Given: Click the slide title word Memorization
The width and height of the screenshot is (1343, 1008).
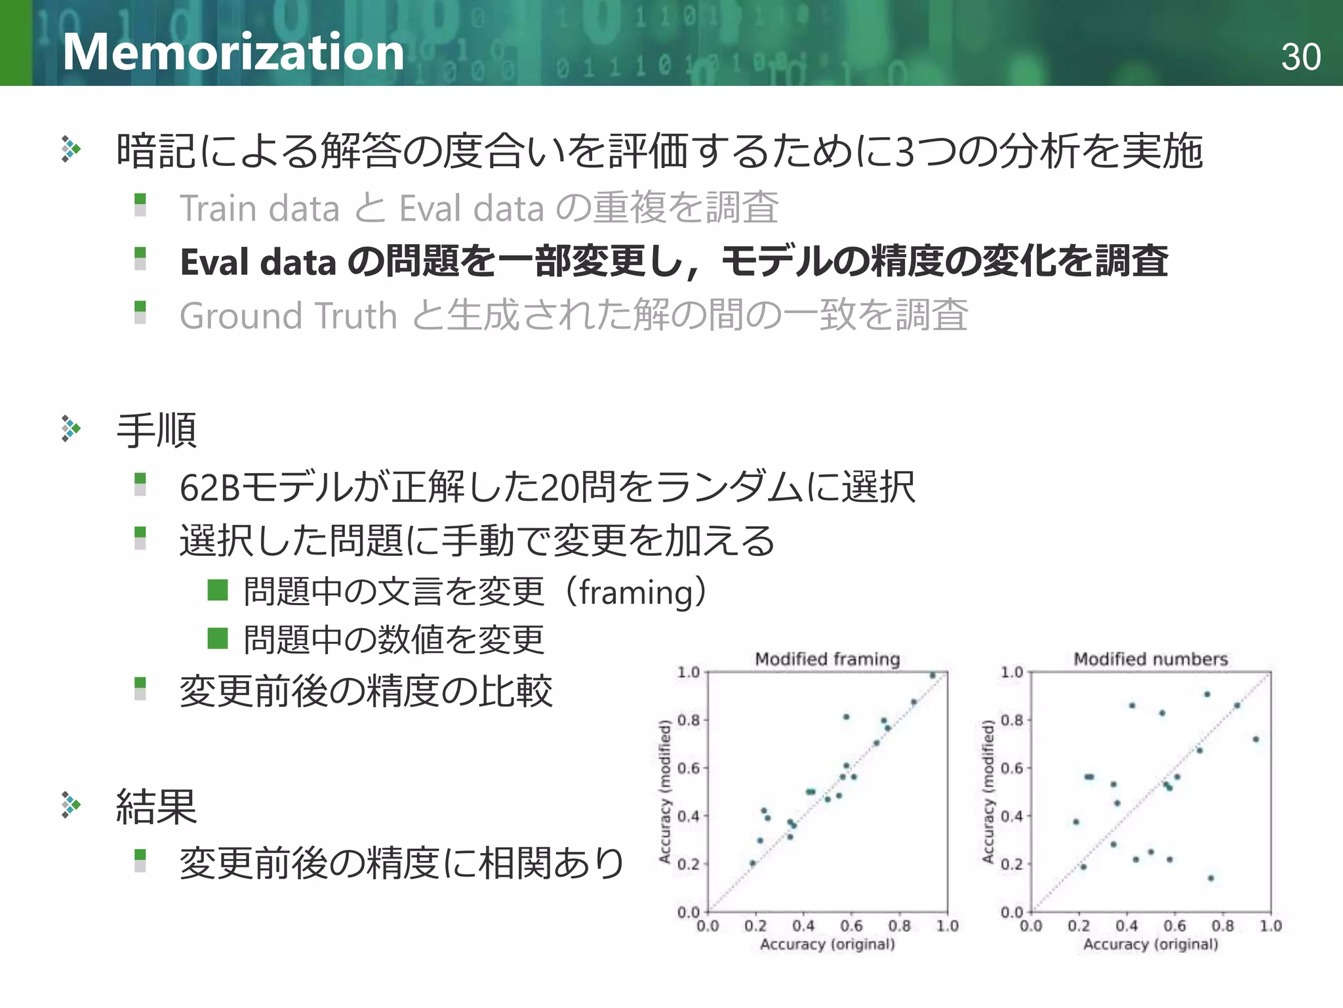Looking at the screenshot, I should click(233, 52).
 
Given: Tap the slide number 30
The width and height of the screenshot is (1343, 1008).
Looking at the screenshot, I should click(1300, 57).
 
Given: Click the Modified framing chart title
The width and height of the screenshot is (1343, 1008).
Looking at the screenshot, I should click(827, 659).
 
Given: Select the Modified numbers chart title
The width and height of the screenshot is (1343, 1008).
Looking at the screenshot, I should click(1150, 659).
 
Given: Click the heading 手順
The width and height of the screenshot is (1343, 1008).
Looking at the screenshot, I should click(157, 430).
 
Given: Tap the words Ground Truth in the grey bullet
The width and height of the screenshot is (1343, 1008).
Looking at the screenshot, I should click(289, 316).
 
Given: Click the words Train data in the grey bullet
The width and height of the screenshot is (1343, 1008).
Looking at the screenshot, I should click(260, 209).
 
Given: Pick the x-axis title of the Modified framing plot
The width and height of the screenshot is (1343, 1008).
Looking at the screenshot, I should click(827, 944).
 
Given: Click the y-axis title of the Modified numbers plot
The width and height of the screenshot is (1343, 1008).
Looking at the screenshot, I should click(988, 791).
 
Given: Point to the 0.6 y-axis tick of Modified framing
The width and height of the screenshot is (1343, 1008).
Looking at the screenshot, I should click(689, 768).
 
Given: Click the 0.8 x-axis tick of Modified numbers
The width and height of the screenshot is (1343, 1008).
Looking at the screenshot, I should click(1222, 926).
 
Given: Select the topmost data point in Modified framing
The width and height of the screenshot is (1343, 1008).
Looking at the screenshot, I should click(932, 675).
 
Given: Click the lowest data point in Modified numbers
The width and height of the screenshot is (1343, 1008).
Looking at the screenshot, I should click(1211, 878).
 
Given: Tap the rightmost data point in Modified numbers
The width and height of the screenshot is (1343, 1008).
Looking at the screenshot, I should click(1256, 740).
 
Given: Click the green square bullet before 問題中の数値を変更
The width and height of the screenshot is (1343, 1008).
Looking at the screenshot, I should click(217, 638).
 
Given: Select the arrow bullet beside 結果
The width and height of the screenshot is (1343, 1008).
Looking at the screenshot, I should click(71, 805).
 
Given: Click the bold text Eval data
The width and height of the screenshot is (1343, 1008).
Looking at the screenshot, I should click(258, 262).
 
